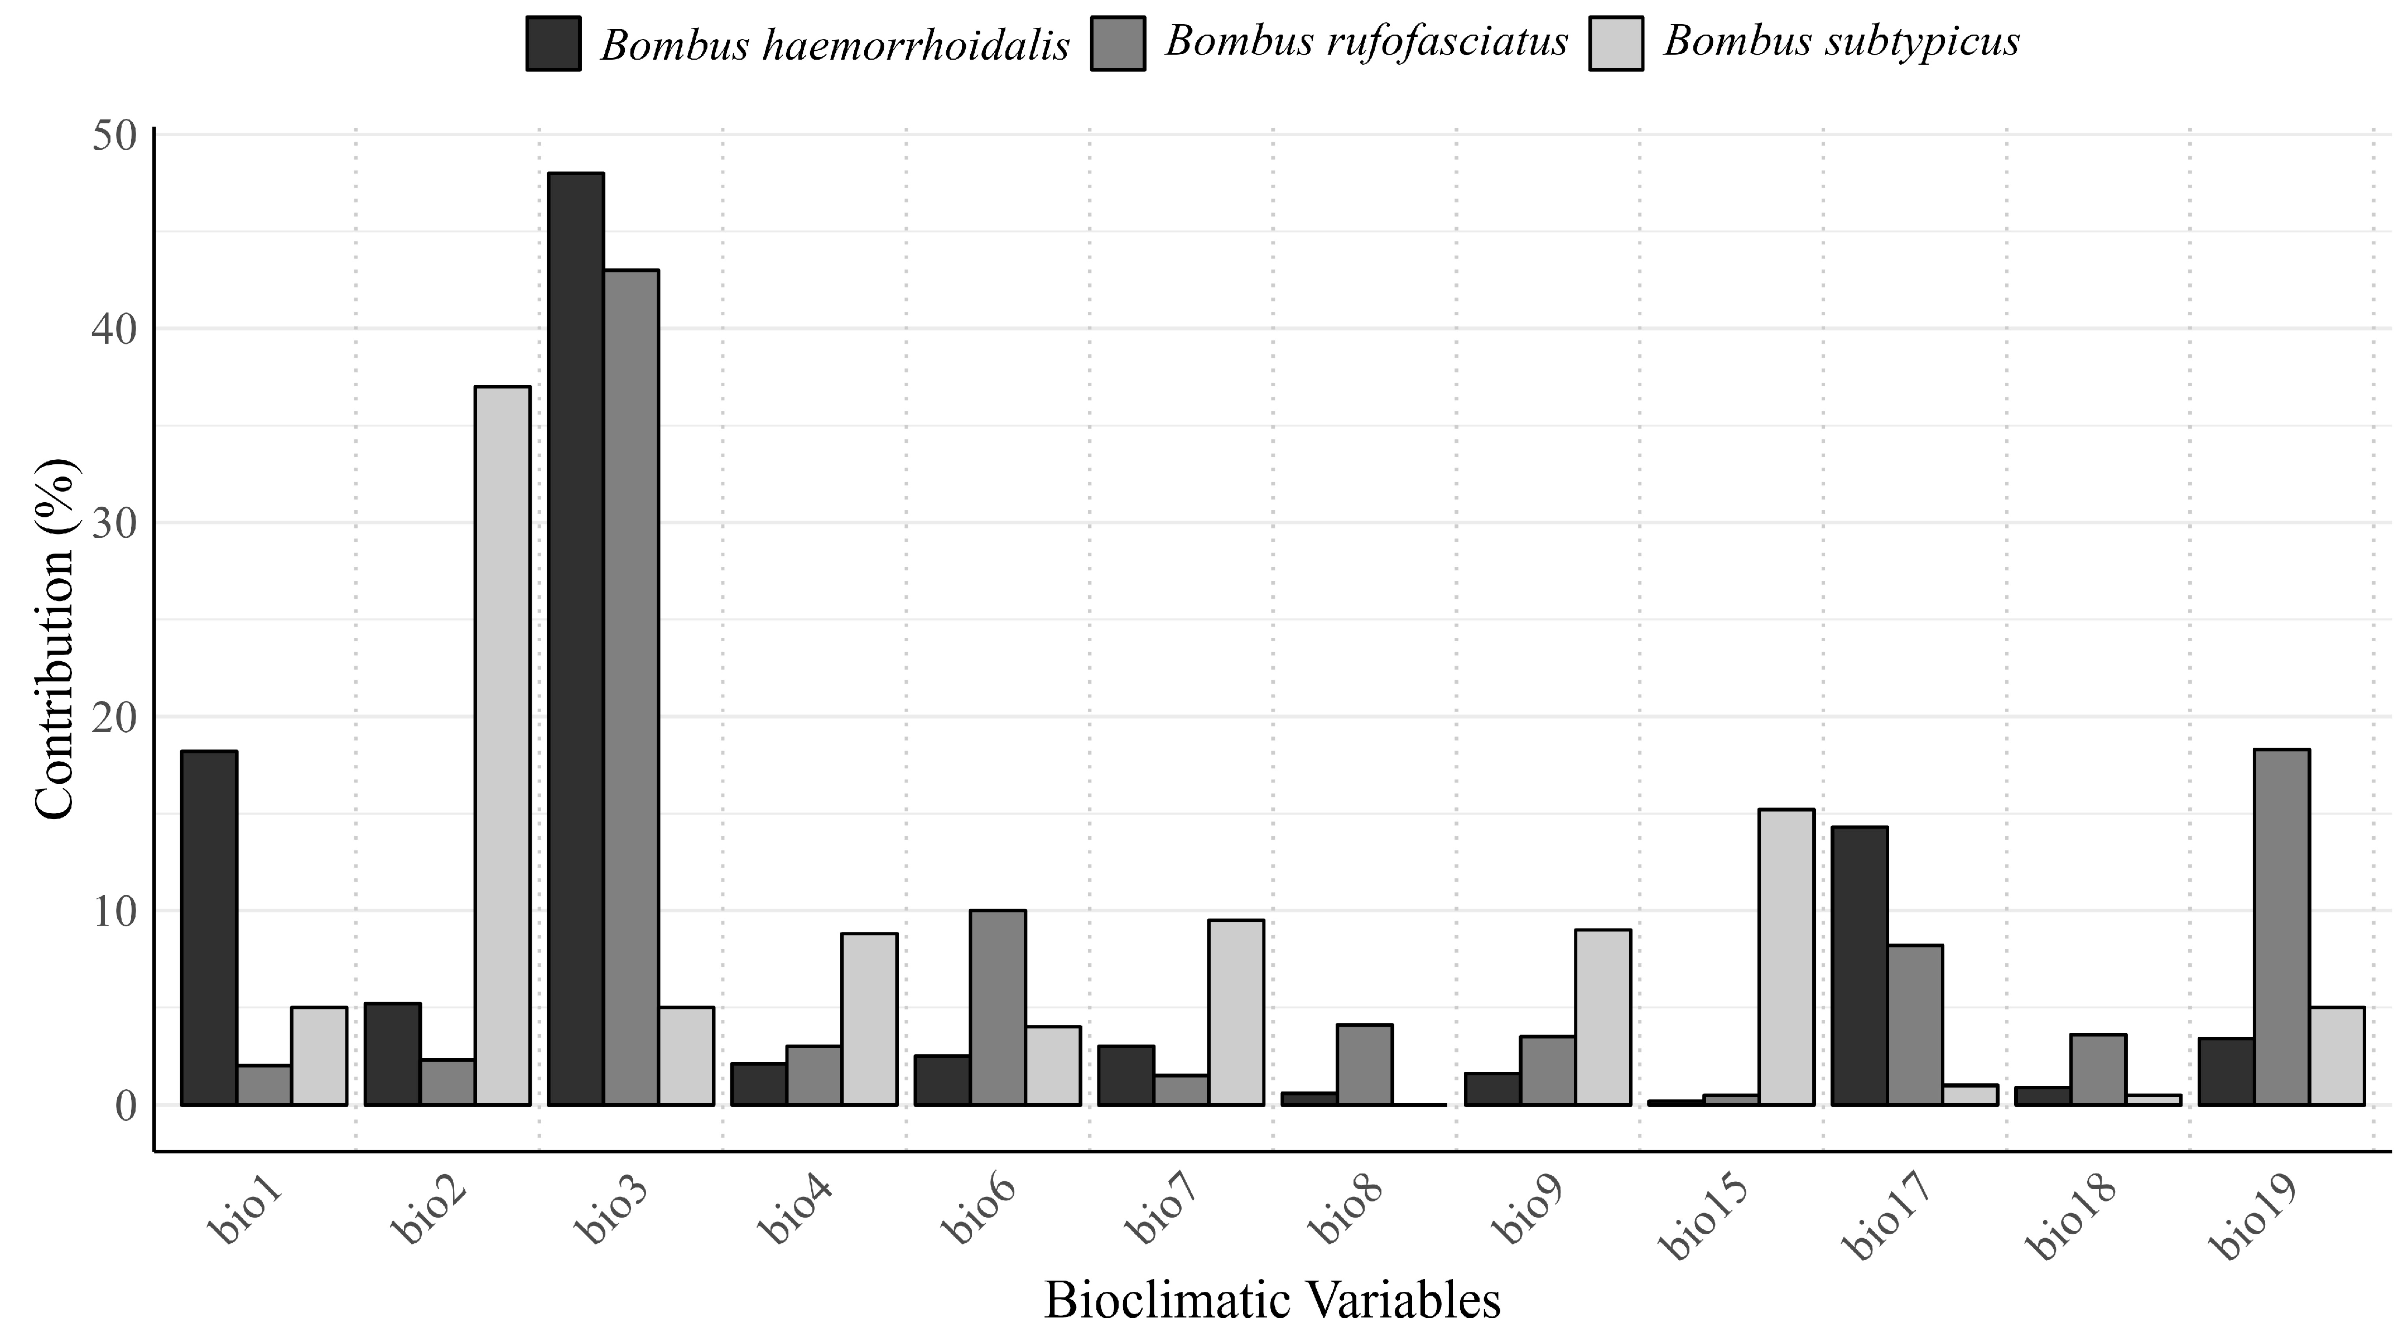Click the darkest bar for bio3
(x=576, y=638)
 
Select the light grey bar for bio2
(x=502, y=745)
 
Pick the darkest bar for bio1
(x=209, y=927)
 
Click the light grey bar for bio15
(x=1786, y=956)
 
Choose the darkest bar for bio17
(x=1860, y=966)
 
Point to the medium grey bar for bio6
(x=998, y=1007)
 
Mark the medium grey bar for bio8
(x=1365, y=1065)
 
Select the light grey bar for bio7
(x=1236, y=1013)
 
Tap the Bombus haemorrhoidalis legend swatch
(x=553, y=43)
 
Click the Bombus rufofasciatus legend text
(x=1366, y=41)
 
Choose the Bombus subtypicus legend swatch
(x=1616, y=43)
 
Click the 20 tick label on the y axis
(x=115, y=717)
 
